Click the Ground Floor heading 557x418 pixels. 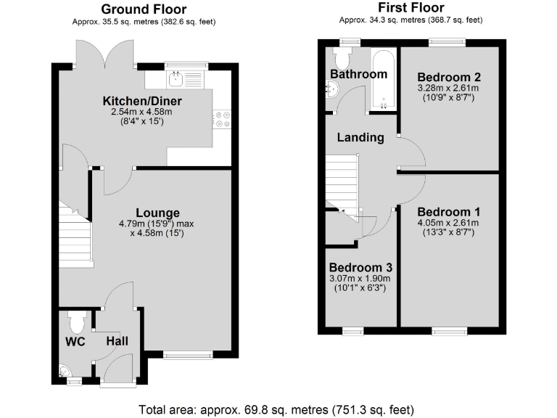144,9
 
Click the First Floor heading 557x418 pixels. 410,9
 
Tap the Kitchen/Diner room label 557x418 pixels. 142,101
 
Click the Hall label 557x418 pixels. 117,341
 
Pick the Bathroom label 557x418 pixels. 358,74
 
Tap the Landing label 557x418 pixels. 360,137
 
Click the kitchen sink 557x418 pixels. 176,77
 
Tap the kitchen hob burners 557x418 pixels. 222,118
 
